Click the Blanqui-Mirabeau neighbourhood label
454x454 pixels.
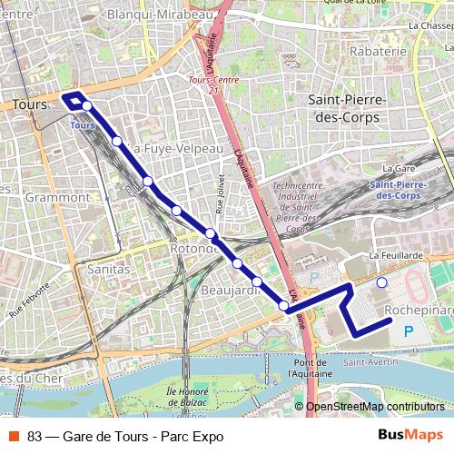[x=160, y=15]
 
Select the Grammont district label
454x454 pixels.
[x=52, y=196]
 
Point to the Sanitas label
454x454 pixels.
[x=108, y=269]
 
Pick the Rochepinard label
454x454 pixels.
[x=418, y=310]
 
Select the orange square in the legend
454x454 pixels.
[x=14, y=435]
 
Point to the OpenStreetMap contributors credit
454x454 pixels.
[x=375, y=407]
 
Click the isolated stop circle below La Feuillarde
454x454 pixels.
[x=382, y=283]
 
